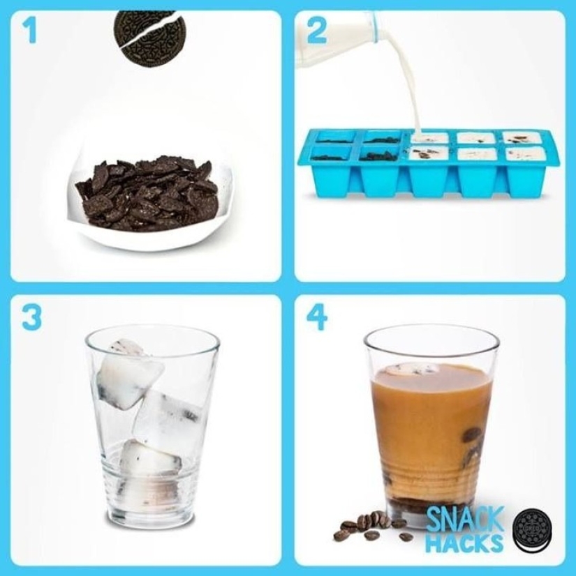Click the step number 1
click(x=29, y=30)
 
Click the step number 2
click(x=316, y=31)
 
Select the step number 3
click(x=31, y=317)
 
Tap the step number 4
click(x=316, y=317)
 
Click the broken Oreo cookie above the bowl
click(x=150, y=38)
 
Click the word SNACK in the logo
click(x=464, y=520)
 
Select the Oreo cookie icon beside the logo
click(x=532, y=530)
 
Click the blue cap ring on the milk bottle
click(x=375, y=26)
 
